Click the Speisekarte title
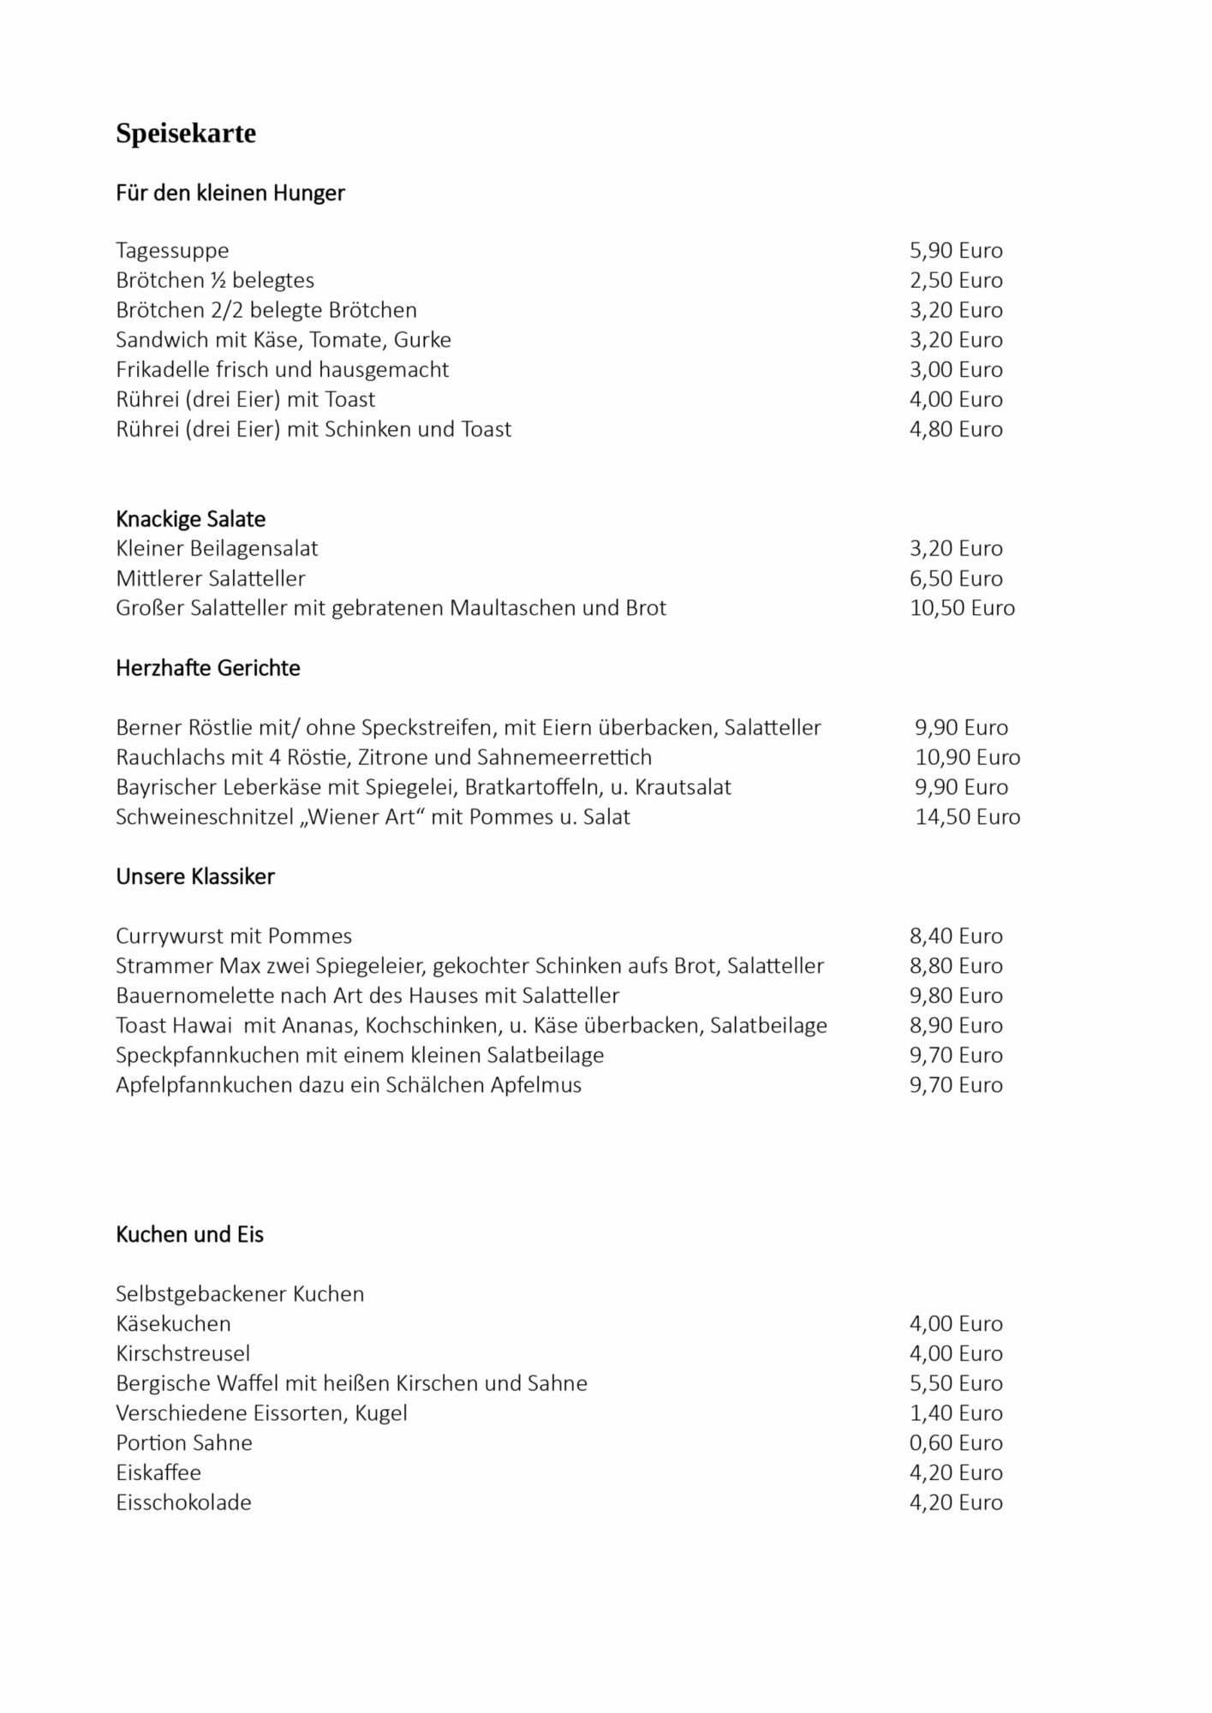[186, 134]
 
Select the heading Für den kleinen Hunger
[230, 193]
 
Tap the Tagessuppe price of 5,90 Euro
[955, 251]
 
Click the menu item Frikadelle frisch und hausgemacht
[282, 370]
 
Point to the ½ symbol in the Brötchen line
[218, 281]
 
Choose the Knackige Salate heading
[190, 519]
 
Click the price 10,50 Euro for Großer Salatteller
[961, 608]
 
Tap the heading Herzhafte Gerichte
[207, 668]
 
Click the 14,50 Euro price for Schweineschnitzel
[967, 817]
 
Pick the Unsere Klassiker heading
[194, 877]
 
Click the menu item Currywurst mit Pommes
[234, 936]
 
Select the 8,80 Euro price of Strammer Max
[955, 966]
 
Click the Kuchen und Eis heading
[189, 1234]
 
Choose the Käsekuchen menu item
[173, 1324]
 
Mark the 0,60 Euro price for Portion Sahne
[955, 1443]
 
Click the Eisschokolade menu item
[183, 1502]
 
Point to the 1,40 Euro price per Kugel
[955, 1413]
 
